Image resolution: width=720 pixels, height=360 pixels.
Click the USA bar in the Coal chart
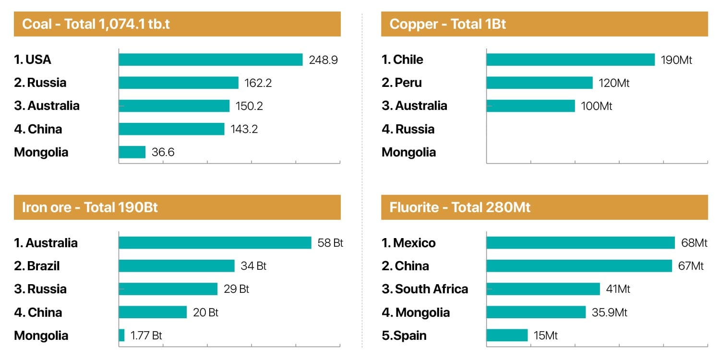tap(210, 60)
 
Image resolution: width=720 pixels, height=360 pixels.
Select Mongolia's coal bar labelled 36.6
tap(132, 152)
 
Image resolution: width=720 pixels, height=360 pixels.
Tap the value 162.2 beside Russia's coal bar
tap(258, 83)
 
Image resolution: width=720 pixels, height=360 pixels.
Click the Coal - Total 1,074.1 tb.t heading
tap(96, 24)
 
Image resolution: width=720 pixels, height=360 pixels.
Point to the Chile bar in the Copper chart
tap(570, 60)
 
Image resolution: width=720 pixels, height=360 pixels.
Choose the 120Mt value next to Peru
tap(614, 83)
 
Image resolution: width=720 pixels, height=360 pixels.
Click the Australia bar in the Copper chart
tap(530, 106)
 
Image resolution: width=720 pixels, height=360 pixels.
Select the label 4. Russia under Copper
tap(408, 129)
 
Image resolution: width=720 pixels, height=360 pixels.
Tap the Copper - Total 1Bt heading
tap(447, 24)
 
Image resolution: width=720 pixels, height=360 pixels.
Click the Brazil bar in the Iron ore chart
tap(177, 266)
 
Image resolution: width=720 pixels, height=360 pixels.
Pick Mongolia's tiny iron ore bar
tap(121, 335)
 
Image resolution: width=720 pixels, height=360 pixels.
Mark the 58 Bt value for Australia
tap(330, 243)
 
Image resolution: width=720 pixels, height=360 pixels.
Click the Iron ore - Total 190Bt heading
tap(90, 207)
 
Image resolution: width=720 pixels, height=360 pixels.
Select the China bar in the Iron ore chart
tap(153, 312)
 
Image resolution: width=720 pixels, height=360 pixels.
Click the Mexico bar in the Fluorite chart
tap(580, 243)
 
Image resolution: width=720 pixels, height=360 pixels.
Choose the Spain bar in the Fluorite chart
tap(507, 335)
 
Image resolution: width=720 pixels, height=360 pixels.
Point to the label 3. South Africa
tap(425, 289)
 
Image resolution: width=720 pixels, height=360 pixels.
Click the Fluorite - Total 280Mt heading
tap(460, 207)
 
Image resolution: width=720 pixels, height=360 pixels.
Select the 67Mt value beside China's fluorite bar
tap(691, 266)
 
